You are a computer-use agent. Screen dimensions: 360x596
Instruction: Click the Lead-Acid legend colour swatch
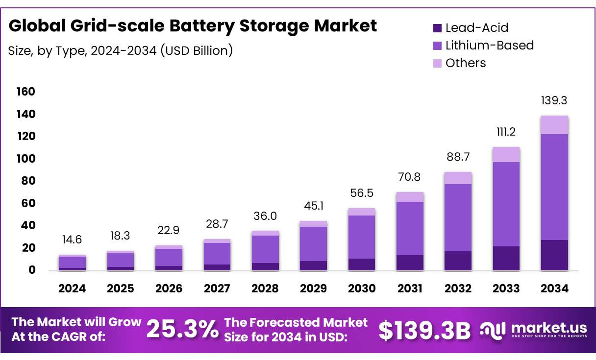(x=437, y=28)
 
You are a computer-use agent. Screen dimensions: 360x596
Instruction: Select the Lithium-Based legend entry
(x=489, y=46)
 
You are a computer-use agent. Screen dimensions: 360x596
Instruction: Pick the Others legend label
(x=465, y=63)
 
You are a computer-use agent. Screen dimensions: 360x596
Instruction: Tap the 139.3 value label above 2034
(x=554, y=101)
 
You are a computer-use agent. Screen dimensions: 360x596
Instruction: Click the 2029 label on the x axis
(x=313, y=288)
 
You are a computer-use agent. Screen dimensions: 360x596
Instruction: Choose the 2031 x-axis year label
(x=409, y=288)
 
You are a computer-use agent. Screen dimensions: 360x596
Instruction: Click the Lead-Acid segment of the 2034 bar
(x=554, y=255)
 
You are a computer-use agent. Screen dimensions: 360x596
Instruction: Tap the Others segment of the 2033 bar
(x=506, y=155)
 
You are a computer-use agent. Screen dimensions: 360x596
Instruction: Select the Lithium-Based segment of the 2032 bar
(x=458, y=217)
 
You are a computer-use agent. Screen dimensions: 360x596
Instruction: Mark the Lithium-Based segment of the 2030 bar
(x=361, y=237)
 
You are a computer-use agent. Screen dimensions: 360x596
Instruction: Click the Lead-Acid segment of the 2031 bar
(x=409, y=263)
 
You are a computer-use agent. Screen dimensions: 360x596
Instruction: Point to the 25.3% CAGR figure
(x=183, y=330)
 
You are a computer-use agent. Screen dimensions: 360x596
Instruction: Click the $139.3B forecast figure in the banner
(x=424, y=331)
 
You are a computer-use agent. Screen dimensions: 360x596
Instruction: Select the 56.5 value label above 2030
(x=361, y=193)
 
